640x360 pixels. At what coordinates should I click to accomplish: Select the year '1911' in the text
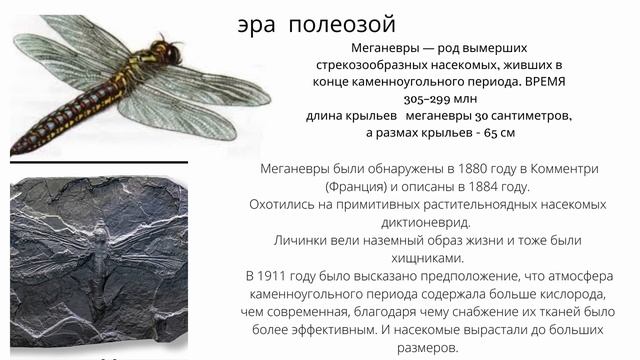(282, 274)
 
